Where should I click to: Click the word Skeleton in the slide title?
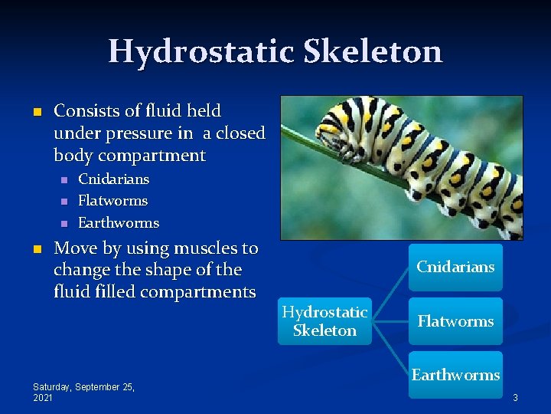(373, 51)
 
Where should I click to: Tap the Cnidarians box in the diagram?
(455, 268)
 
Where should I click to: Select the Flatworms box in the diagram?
(455, 321)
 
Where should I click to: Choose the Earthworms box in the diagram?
(455, 375)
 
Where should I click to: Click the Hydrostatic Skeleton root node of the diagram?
(324, 321)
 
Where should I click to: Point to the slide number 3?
(516, 397)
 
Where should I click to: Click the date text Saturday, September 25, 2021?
(83, 393)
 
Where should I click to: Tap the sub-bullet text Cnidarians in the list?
(114, 179)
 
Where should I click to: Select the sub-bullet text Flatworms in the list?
(113, 201)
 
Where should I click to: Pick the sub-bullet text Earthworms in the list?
(119, 223)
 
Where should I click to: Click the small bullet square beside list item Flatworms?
(64, 202)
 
